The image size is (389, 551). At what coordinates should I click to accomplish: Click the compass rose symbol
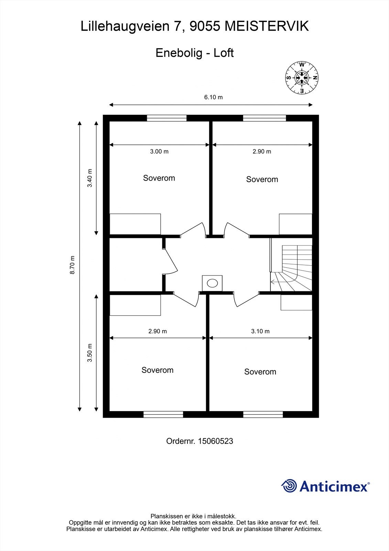(x=302, y=77)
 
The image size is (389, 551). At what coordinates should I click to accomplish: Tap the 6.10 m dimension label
(x=213, y=97)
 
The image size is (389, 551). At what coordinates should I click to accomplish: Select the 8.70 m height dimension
(x=72, y=265)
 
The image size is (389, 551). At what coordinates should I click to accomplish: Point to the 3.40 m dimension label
(x=90, y=178)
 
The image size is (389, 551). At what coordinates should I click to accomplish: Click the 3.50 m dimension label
(x=90, y=353)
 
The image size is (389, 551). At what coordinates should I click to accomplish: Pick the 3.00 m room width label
(x=159, y=152)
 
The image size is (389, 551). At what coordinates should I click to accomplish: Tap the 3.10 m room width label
(x=260, y=331)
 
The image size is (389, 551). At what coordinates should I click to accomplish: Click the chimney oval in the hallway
(x=212, y=283)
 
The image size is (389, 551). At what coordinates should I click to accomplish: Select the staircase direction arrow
(x=272, y=282)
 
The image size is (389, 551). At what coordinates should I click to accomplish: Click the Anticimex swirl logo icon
(x=289, y=486)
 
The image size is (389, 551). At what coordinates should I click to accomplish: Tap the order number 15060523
(x=216, y=441)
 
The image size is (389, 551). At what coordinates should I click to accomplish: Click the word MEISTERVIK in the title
(x=267, y=26)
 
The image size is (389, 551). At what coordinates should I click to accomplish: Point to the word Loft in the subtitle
(x=223, y=53)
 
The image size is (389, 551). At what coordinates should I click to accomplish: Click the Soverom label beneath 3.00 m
(x=159, y=178)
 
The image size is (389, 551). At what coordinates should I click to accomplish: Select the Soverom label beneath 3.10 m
(x=260, y=372)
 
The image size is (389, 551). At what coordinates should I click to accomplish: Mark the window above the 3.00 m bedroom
(x=166, y=118)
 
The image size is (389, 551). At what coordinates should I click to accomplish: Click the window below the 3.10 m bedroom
(x=263, y=415)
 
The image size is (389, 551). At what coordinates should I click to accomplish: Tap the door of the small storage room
(x=171, y=261)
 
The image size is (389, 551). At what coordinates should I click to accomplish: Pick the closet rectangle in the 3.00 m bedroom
(x=135, y=224)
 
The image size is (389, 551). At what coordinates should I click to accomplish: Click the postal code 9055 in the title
(x=205, y=26)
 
